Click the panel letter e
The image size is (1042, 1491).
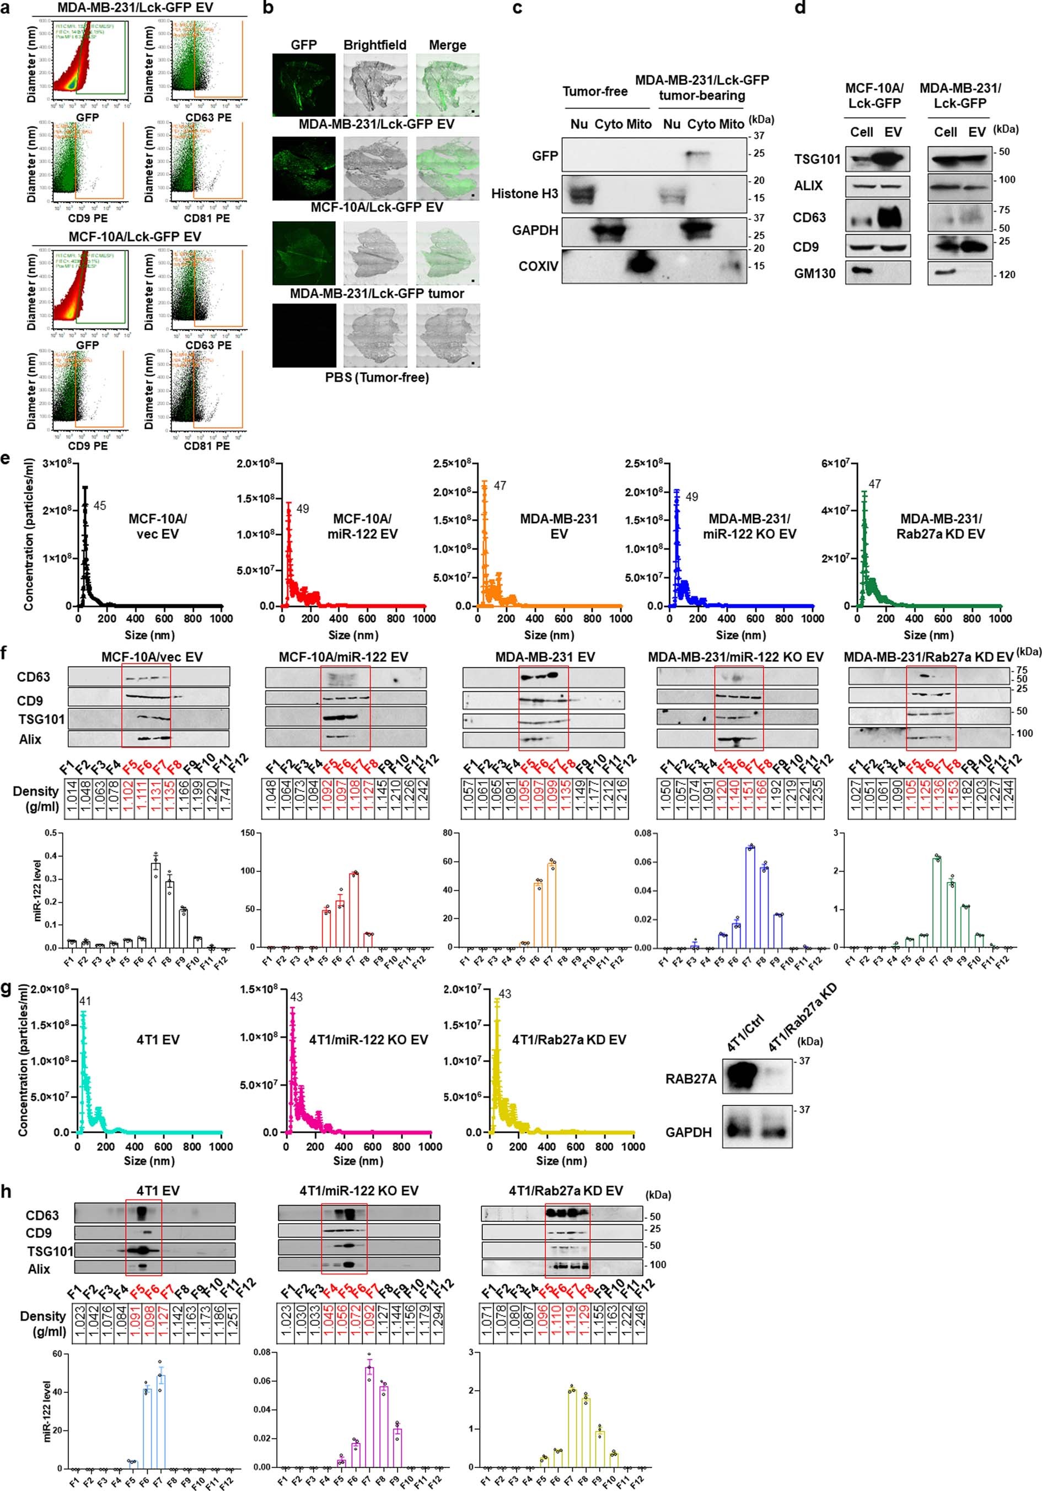coord(6,459)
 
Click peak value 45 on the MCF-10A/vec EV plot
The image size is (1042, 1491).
coord(99,506)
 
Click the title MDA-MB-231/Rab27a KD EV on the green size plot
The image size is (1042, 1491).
coord(942,526)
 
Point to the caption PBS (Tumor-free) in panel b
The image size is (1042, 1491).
coord(377,377)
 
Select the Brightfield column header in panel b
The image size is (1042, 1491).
coord(375,45)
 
